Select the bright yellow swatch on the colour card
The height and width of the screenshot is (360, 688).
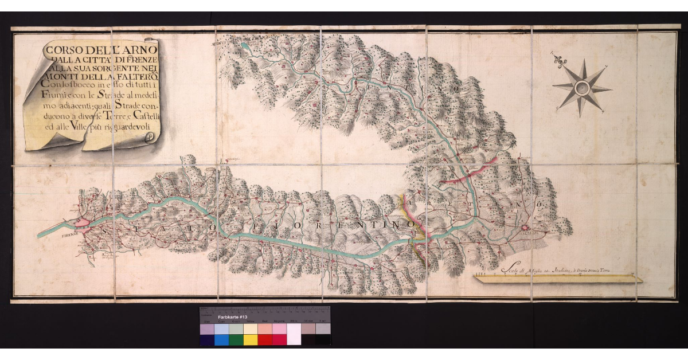point(251,340)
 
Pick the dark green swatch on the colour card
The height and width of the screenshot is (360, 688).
point(236,340)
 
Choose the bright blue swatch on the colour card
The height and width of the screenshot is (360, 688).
point(221,340)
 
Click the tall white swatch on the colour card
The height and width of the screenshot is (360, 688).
point(294,334)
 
